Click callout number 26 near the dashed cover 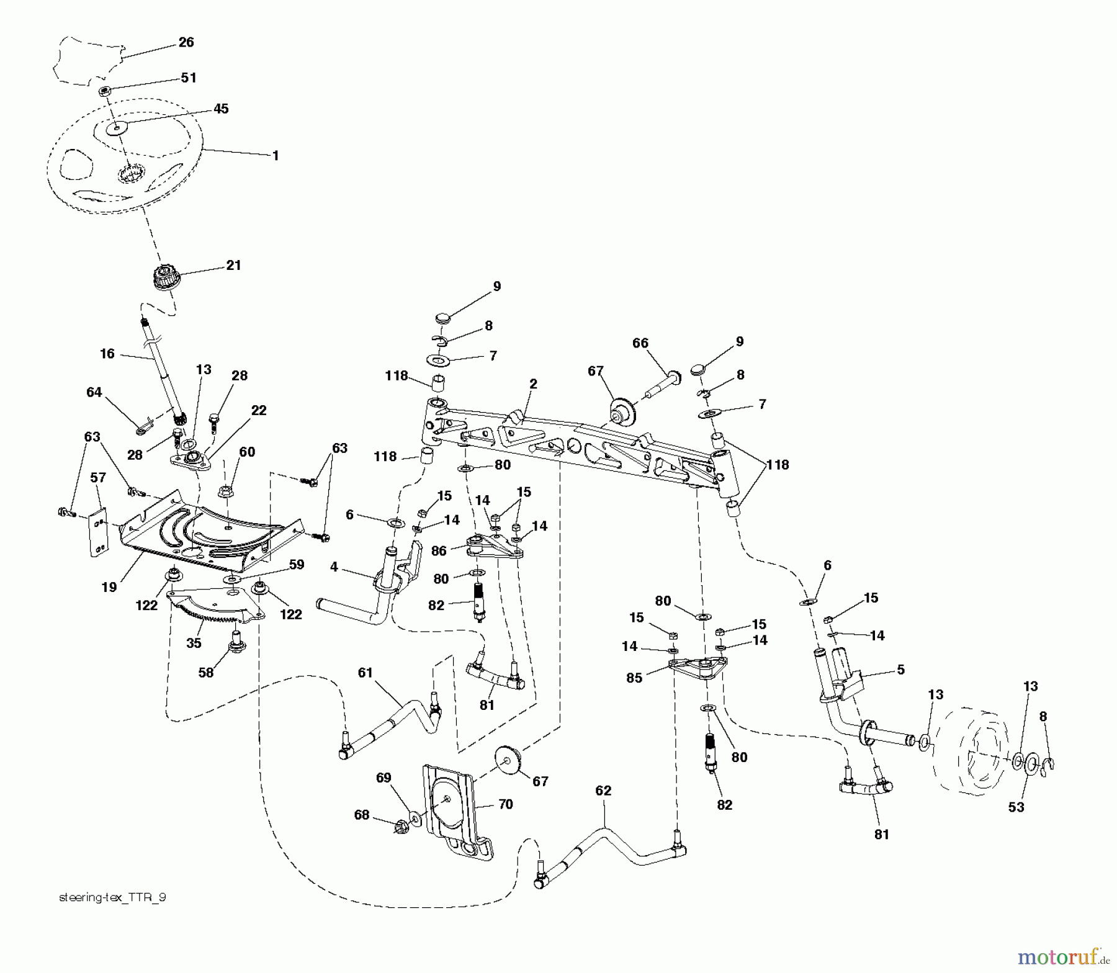(x=186, y=42)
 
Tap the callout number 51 (x=189, y=78)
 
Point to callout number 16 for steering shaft (x=107, y=354)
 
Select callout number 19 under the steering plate (x=109, y=587)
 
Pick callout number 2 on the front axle (x=534, y=384)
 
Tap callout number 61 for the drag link (x=366, y=673)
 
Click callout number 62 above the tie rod (x=603, y=791)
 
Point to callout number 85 (x=634, y=678)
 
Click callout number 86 (x=439, y=550)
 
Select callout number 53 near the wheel (x=1016, y=807)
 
